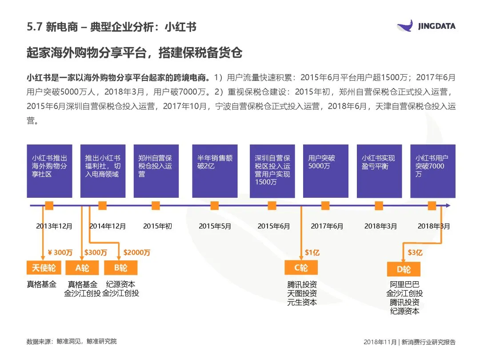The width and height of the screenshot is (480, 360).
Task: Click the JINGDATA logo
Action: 426,26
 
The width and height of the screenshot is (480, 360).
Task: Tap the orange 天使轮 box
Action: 44,268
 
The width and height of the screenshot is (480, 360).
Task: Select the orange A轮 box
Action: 82,268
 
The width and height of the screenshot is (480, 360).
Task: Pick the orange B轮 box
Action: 120,268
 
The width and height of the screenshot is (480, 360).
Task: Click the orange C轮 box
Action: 301,268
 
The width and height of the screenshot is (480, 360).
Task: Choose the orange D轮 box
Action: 404,269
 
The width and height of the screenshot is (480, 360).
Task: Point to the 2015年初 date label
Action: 157,226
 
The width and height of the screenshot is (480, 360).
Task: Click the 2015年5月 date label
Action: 215,226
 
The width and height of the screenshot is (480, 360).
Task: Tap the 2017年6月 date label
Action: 327,226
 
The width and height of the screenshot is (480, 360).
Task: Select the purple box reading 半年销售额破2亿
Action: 215,171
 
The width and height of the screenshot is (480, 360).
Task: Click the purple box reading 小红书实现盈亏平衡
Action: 379,171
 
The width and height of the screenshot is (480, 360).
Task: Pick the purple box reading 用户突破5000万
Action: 325,171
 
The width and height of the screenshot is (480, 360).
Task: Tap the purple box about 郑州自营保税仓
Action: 156,171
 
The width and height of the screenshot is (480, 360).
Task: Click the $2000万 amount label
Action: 137,252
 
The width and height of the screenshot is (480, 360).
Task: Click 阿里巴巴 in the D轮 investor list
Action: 404,284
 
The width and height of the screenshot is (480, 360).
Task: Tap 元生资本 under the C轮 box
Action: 302,302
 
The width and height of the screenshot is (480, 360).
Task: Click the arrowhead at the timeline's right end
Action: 448,206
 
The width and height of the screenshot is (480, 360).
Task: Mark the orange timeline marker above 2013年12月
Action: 49,206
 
